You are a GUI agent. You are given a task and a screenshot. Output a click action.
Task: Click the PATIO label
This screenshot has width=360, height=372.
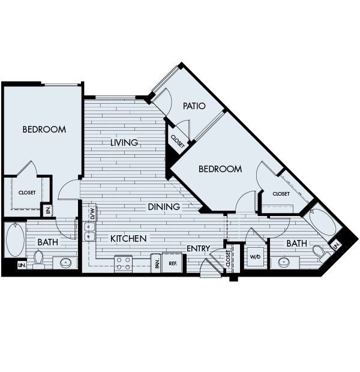(194, 106)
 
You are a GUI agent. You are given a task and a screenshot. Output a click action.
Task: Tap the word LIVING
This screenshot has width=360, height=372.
(124, 143)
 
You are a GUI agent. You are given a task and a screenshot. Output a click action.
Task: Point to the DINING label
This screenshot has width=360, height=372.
(164, 207)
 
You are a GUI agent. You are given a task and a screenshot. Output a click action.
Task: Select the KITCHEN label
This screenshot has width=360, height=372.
(128, 239)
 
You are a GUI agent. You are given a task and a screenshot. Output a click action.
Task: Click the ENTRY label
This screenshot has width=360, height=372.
(198, 248)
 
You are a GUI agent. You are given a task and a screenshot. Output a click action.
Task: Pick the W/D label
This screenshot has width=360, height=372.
(256, 257)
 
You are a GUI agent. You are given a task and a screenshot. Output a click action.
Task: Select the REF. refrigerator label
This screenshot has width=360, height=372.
(172, 263)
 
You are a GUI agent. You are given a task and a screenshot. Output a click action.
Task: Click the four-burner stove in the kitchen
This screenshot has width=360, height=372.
(124, 262)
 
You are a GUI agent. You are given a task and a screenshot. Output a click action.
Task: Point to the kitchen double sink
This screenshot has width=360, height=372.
(89, 231)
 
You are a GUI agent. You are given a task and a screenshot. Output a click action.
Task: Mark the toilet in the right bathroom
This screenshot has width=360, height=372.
(319, 252)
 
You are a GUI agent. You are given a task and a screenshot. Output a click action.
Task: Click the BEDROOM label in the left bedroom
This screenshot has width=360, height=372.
(44, 130)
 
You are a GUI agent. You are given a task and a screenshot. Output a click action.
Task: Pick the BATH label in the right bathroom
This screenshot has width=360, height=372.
(296, 244)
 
